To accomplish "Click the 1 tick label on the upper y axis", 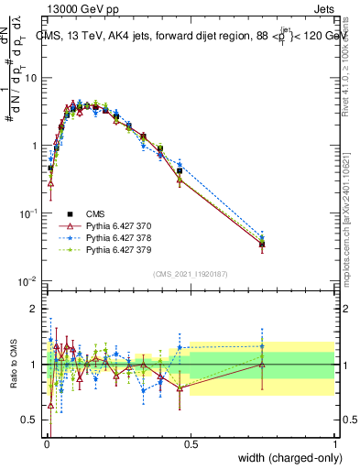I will [35, 146].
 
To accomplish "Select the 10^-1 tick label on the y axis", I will [29, 213].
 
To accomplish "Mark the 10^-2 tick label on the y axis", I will [29, 280].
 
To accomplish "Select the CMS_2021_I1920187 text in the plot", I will [191, 273].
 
